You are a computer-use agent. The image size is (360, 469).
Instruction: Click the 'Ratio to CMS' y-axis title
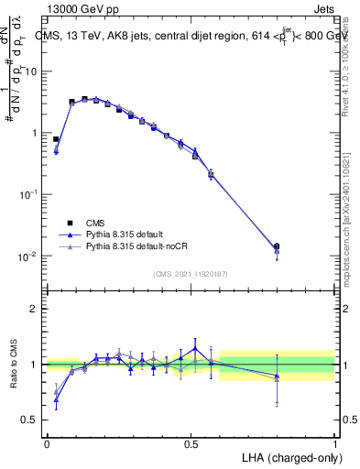pyautogui.click(x=14, y=365)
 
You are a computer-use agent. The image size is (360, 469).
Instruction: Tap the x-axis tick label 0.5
pyautogui.click(x=191, y=442)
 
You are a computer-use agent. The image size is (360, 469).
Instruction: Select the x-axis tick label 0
pyautogui.click(x=47, y=442)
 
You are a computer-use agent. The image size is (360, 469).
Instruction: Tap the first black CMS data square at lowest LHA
pyautogui.click(x=57, y=139)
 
